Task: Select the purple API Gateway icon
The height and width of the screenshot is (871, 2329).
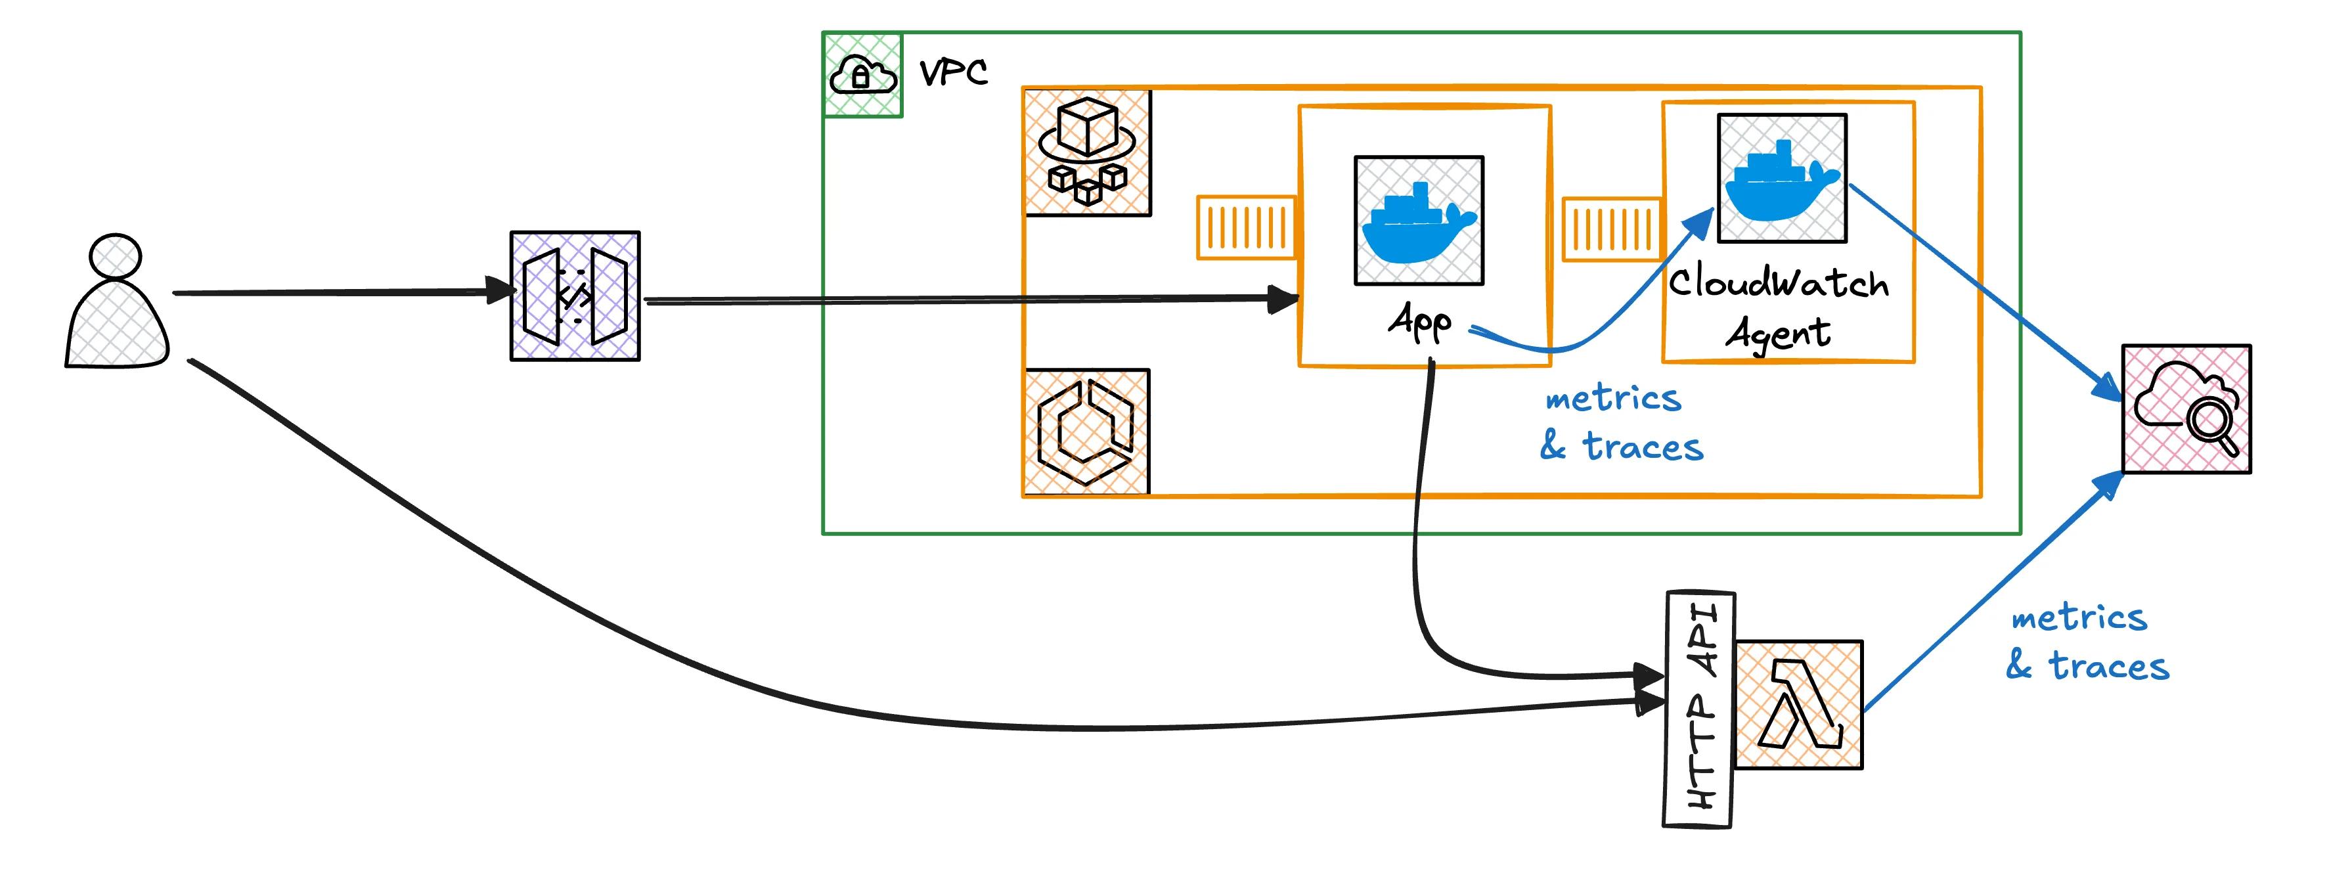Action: click(575, 296)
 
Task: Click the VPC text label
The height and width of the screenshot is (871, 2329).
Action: click(953, 72)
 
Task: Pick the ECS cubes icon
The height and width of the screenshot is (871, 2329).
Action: click(1087, 152)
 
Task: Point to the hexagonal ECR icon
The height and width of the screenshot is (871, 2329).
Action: click(1086, 432)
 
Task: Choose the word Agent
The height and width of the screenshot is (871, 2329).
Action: click(1777, 334)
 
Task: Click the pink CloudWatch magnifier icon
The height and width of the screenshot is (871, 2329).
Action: click(2186, 409)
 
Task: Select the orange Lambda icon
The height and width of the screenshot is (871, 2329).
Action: click(1798, 705)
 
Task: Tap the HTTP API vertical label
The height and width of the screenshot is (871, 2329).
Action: click(1699, 709)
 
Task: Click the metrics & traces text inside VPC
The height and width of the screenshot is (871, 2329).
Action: click(1620, 422)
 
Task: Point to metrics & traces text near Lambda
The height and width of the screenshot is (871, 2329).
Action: click(2086, 642)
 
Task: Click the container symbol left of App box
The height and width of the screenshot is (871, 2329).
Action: click(1246, 227)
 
